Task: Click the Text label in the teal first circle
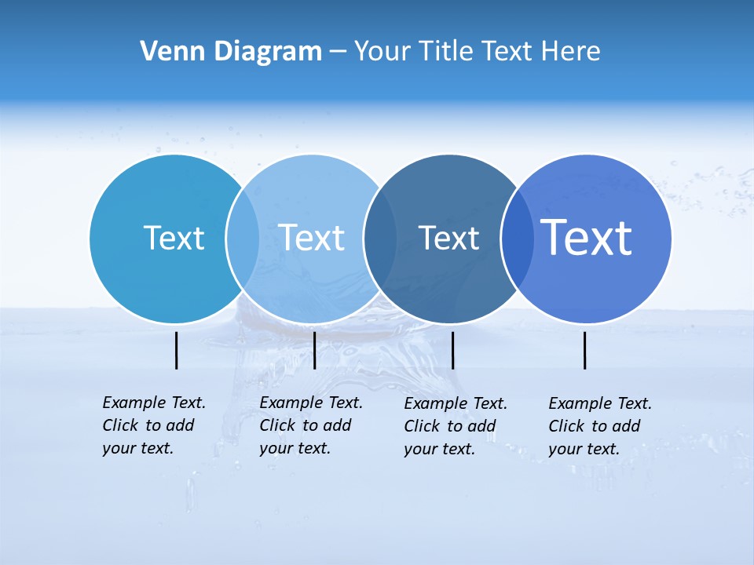coord(174,238)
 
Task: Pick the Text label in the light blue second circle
coord(312,238)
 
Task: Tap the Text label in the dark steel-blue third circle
coord(448,238)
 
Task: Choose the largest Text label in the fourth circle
coord(587,237)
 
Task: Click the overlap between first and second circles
coord(243,239)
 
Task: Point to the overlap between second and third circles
coord(380,239)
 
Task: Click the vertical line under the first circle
coord(176,350)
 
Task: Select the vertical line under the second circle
coord(314,350)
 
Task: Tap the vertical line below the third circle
coord(452,350)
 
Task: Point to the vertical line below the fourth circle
coord(584,350)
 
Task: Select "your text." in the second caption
coord(295,448)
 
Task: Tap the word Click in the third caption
coord(422,426)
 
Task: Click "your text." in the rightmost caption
coord(584,449)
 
